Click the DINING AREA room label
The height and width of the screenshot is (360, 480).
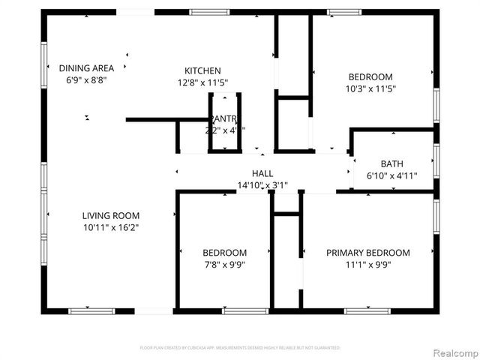point(87,68)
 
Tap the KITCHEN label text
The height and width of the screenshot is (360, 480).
point(203,70)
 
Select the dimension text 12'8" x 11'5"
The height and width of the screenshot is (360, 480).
point(203,82)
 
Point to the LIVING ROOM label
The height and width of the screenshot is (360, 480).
point(111,216)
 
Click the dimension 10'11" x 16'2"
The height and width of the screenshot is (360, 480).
point(111,227)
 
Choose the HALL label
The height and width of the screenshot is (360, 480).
point(262,173)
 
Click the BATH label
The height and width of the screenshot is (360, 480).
point(391,164)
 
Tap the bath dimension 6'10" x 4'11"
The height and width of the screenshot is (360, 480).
point(391,176)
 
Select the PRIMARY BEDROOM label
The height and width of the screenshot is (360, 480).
point(367,253)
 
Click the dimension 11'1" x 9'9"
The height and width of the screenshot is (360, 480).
point(367,264)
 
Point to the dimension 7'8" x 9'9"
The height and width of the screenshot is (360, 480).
point(224,264)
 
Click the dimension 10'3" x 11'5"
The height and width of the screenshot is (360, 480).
point(370,88)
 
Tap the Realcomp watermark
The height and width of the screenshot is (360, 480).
point(453,352)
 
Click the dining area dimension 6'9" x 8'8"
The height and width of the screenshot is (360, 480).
point(87,79)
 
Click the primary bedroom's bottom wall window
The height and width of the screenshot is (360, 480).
point(367,310)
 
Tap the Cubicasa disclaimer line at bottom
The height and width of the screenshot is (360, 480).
point(240,348)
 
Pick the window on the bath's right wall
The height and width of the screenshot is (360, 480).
point(436,160)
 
